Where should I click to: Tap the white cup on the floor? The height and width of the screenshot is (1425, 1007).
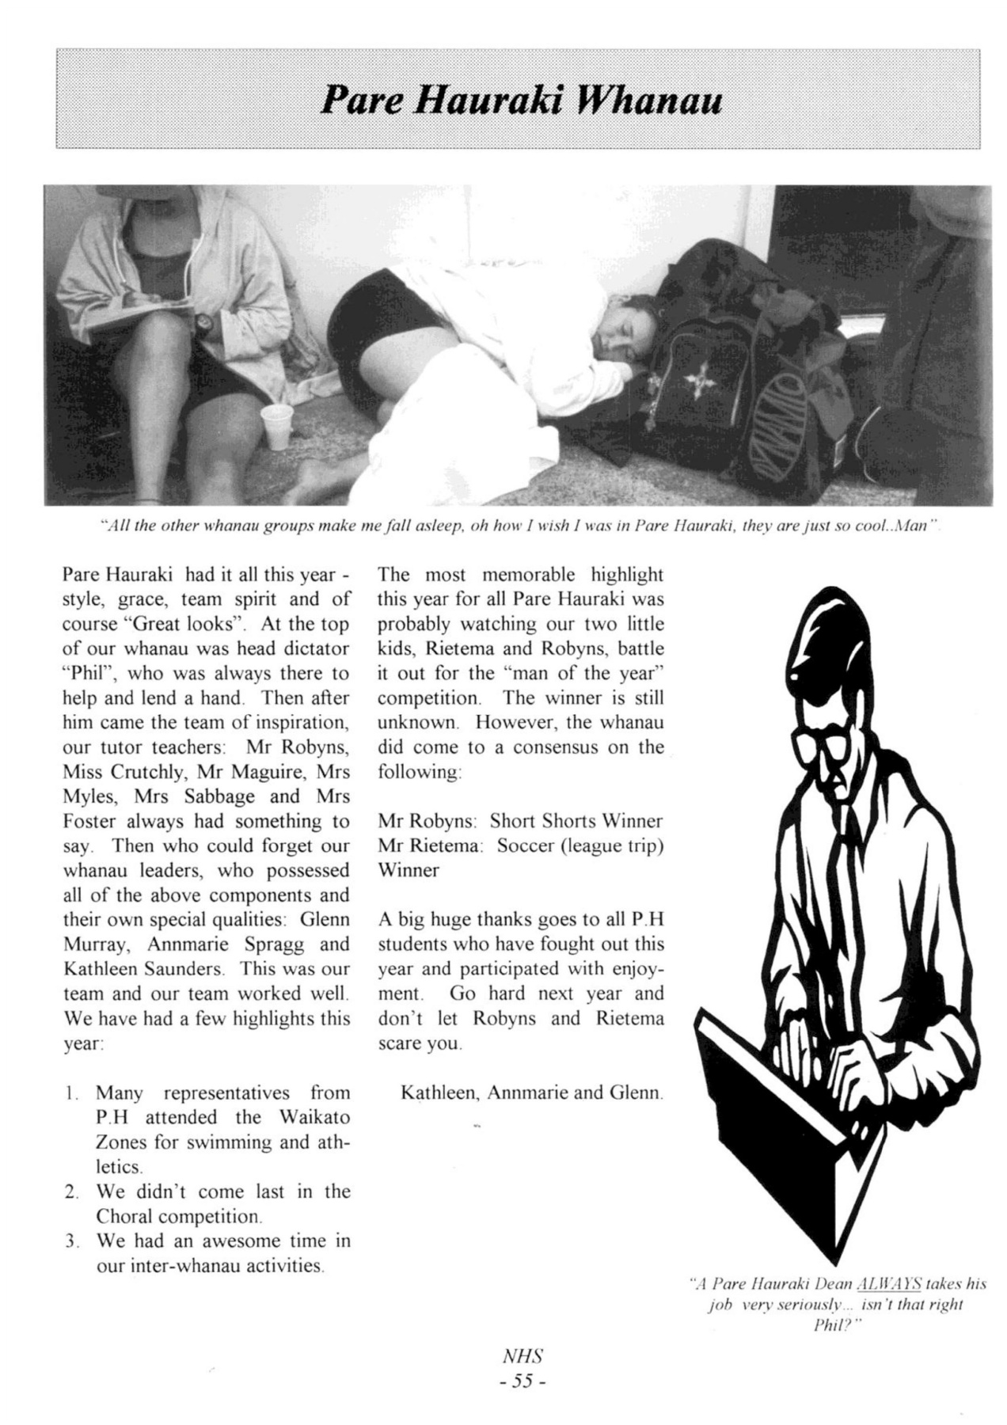pyautogui.click(x=277, y=427)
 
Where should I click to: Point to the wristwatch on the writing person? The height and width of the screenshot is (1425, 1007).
pyautogui.click(x=205, y=322)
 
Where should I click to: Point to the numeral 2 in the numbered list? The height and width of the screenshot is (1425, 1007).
pyautogui.click(x=70, y=1192)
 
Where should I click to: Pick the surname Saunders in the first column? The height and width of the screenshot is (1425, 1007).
pyautogui.click(x=184, y=969)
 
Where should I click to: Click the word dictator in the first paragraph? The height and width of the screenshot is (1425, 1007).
pyautogui.click(x=313, y=648)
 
